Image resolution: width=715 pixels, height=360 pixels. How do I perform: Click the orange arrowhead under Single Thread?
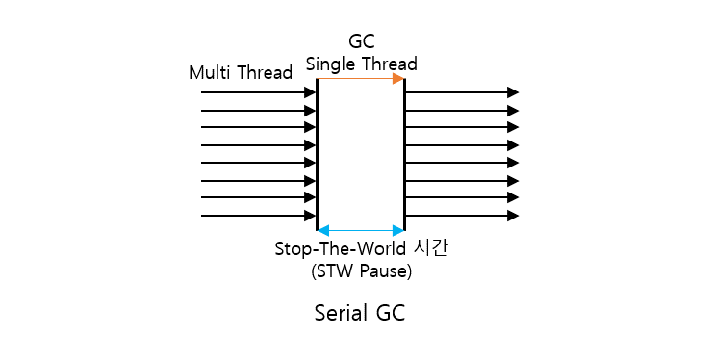pos(398,79)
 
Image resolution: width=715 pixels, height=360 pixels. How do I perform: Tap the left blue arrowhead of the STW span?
pos(323,230)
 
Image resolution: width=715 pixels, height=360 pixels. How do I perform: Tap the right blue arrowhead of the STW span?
pos(397,230)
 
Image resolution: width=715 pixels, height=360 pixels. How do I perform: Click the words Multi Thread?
pos(241,72)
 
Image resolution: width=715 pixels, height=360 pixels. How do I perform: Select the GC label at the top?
pos(361,41)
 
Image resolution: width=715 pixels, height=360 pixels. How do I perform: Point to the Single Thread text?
pos(361,64)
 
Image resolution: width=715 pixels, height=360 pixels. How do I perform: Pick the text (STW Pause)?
pos(361,271)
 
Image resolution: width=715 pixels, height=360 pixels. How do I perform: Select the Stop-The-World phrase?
pos(340,248)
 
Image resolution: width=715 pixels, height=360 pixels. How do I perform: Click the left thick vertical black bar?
pos(317,154)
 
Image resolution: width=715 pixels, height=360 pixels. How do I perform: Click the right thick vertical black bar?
pos(404,154)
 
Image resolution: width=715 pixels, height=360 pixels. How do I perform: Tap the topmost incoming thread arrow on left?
pos(255,92)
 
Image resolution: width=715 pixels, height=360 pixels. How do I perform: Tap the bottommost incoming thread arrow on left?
pos(255,216)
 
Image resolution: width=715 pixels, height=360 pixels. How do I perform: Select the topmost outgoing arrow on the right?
pos(457,92)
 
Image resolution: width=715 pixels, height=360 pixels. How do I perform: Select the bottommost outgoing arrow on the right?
pos(457,216)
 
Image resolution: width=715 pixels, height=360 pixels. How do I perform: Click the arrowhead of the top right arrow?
pos(513,92)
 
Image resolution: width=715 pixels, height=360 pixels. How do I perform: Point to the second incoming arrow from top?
pos(255,111)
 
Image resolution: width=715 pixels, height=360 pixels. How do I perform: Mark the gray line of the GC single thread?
pos(356,79)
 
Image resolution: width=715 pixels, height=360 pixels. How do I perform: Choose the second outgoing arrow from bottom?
pos(457,198)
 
